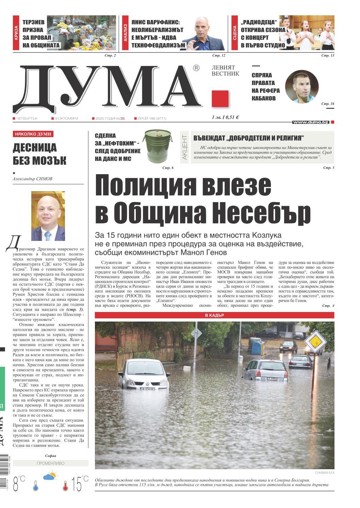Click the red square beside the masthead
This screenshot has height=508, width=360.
tap(219, 99)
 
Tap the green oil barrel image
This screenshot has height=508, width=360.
tap(154, 147)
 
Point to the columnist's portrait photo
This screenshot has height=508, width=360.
tap(48, 216)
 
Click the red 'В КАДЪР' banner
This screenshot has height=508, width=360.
tap(214, 315)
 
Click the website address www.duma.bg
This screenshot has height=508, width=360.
tap(310, 122)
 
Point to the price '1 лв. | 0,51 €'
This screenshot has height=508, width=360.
tap(225, 117)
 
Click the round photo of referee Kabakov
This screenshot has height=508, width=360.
tap(301, 86)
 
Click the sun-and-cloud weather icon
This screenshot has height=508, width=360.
tap(50, 476)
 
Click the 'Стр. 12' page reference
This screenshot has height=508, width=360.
tap(219, 55)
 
